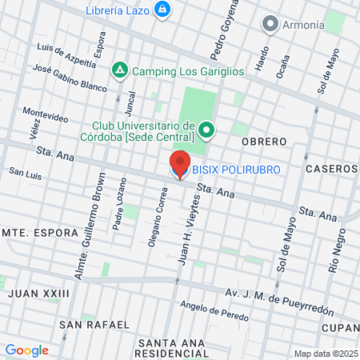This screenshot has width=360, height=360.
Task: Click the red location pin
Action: click(x=180, y=164)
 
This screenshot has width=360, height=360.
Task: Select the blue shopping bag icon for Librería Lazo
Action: click(x=163, y=9)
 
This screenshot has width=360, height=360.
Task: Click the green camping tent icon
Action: click(x=119, y=70)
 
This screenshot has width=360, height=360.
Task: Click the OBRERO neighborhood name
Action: click(x=264, y=142)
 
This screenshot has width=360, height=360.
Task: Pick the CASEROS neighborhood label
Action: click(x=330, y=170)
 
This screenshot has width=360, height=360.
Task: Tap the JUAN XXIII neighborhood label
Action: click(x=39, y=294)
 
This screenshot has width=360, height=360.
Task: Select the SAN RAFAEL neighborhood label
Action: click(x=94, y=325)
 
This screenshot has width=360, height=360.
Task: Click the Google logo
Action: click(x=27, y=350)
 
